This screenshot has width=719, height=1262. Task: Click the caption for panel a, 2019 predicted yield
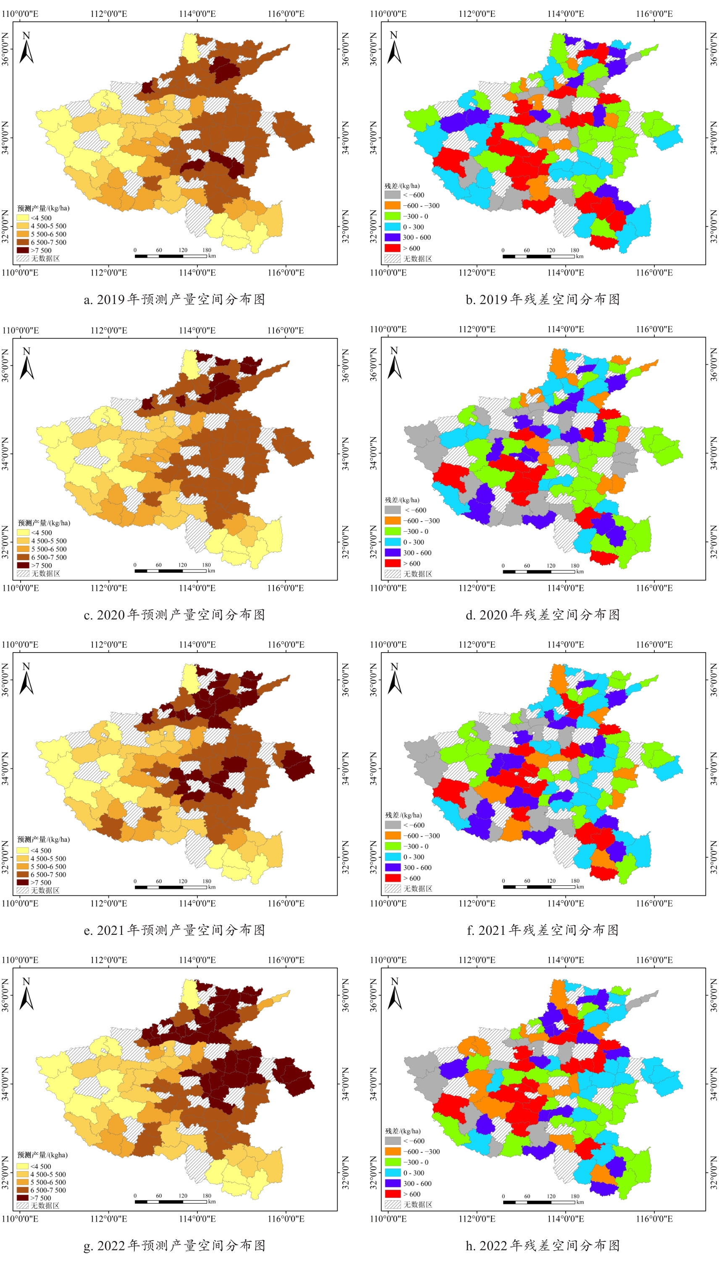click(174, 299)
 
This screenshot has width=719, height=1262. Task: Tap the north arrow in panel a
click(26, 48)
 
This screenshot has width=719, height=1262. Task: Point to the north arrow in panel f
click(394, 679)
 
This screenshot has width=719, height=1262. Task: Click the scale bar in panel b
click(539, 256)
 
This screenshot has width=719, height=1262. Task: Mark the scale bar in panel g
click(171, 1202)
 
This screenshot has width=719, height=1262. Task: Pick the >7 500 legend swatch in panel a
click(23, 250)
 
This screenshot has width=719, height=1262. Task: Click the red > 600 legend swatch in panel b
click(392, 248)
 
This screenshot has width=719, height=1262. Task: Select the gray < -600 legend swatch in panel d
click(393, 510)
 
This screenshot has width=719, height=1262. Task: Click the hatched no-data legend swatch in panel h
click(393, 1204)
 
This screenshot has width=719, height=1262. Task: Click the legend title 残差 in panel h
click(403, 1131)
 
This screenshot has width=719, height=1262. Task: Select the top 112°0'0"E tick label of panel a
click(109, 14)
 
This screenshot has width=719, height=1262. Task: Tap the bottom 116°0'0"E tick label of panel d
click(654, 588)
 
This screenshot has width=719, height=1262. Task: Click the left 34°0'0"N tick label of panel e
click(5, 769)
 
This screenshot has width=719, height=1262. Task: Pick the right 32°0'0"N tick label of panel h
click(714, 1173)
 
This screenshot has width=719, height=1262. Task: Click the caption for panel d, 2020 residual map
click(543, 615)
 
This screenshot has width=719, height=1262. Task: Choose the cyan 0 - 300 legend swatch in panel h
click(393, 1173)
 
